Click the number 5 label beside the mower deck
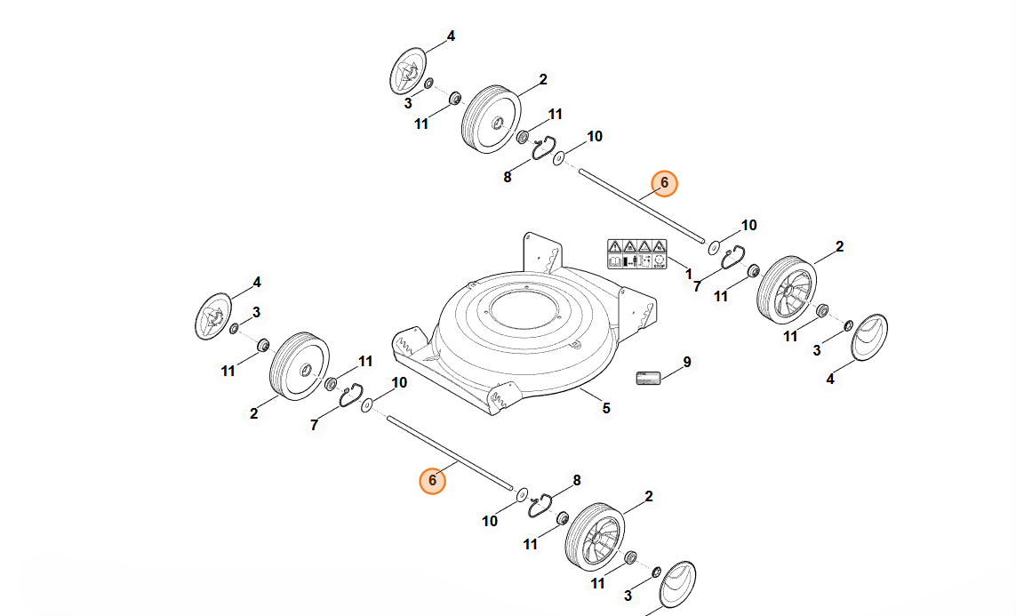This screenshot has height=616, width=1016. click(606, 409)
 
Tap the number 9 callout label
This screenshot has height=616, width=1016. click(686, 362)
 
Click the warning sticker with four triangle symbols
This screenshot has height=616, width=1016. click(636, 254)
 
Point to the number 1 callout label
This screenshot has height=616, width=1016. click(689, 276)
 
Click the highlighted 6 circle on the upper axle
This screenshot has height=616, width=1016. click(664, 183)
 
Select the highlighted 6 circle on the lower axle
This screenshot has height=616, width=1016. click(432, 481)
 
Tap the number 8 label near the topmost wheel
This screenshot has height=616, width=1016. click(508, 177)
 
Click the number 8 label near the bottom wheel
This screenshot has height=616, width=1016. click(576, 480)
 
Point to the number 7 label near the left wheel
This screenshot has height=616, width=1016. click(314, 426)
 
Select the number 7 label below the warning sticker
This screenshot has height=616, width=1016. click(697, 286)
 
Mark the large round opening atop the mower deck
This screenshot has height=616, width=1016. click(527, 307)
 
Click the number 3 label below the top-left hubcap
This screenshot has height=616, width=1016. click(408, 103)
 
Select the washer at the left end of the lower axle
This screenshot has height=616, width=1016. click(365, 406)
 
